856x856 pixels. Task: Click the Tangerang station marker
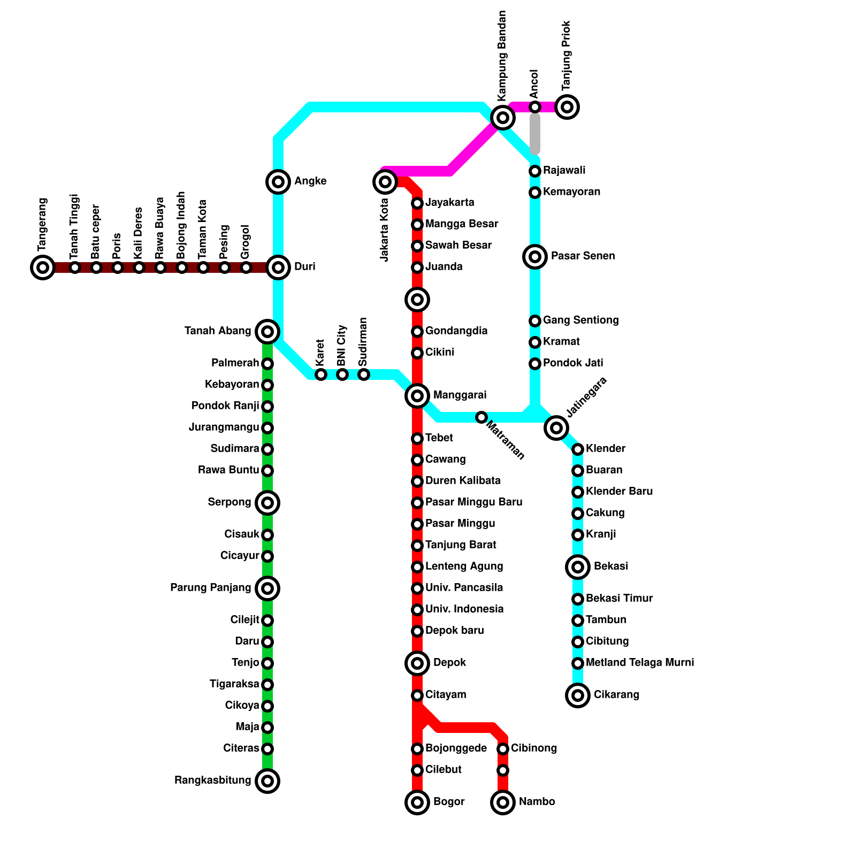(x=43, y=267)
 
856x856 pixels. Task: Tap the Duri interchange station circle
(x=278, y=267)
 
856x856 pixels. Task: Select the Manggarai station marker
(x=417, y=396)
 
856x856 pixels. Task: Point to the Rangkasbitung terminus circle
(x=267, y=781)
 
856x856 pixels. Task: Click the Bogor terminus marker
(x=417, y=802)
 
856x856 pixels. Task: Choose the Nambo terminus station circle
(x=503, y=802)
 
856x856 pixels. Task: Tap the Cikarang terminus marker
(x=578, y=695)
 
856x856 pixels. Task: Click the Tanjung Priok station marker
(x=567, y=107)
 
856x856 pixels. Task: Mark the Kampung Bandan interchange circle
(x=503, y=117)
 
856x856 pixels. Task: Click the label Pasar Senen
(x=583, y=256)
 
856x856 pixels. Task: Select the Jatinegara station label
(x=586, y=398)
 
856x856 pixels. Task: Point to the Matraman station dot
(x=481, y=417)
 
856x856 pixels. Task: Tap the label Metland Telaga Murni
(x=639, y=663)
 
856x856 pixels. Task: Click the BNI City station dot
(x=342, y=374)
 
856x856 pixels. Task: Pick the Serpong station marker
(x=267, y=503)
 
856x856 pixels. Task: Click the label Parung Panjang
(x=210, y=588)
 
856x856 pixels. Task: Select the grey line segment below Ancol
(x=535, y=134)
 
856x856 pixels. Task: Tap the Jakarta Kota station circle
(x=385, y=182)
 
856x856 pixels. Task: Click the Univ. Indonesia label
(x=464, y=609)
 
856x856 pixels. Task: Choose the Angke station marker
(x=278, y=182)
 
